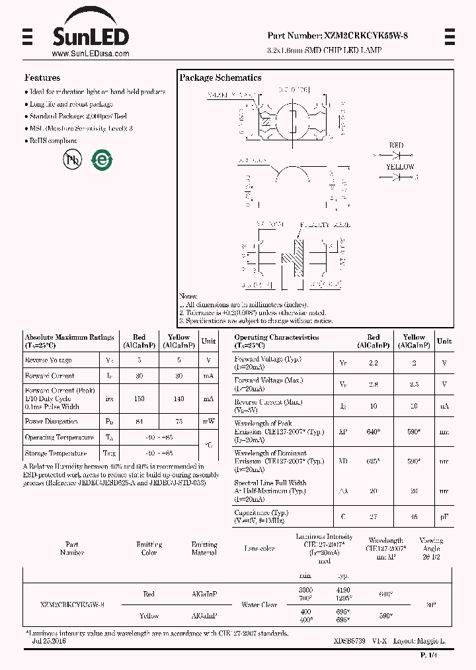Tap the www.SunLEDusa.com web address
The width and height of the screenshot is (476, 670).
[90, 54]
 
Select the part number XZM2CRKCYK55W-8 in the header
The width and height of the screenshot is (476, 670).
[337, 36]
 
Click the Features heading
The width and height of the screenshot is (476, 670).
[42, 77]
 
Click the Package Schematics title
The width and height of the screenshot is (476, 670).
[220, 77]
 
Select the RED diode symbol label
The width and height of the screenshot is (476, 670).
[396, 145]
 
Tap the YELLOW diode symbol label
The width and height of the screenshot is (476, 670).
[400, 167]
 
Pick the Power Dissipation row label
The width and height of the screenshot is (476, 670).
[52, 421]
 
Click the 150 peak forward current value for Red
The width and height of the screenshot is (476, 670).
[139, 399]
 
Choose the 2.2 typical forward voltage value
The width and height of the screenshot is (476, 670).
[373, 363]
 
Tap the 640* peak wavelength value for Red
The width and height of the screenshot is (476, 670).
[373, 431]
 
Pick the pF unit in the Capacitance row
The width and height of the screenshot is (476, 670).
[444, 516]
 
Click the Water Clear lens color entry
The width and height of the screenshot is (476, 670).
[259, 604]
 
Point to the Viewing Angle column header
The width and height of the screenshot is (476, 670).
[433, 548]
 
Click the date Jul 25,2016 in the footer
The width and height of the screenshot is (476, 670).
[49, 642]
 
